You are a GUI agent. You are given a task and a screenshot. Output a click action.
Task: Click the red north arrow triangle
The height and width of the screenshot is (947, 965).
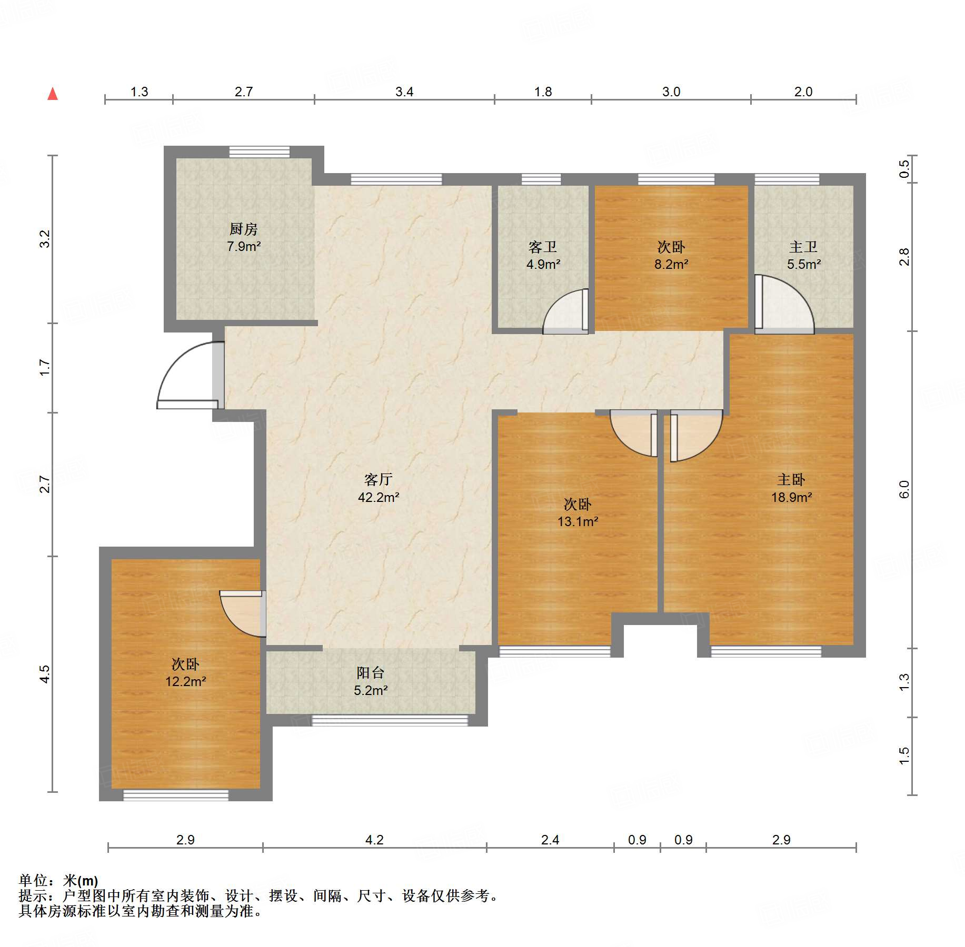(x=53, y=94)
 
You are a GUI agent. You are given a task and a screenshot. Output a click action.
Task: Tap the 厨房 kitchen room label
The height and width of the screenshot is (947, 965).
(x=244, y=229)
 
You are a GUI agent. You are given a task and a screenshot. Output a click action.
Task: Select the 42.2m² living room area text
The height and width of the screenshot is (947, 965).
(x=379, y=497)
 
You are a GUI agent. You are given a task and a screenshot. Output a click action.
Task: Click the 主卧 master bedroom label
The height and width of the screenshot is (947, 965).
(x=791, y=479)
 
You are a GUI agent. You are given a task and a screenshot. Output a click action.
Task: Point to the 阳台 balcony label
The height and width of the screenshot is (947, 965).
(x=371, y=672)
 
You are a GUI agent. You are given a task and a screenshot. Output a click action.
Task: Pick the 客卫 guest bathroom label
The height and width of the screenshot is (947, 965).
(x=543, y=247)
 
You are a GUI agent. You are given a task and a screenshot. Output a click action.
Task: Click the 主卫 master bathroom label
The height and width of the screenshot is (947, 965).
(x=803, y=247)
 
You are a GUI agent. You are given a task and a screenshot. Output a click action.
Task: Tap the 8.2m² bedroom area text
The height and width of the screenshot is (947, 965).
(x=671, y=264)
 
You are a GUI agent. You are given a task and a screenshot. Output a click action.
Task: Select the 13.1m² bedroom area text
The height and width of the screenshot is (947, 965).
(x=578, y=521)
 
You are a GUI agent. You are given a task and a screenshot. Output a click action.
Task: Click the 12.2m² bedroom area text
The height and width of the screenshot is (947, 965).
(x=186, y=681)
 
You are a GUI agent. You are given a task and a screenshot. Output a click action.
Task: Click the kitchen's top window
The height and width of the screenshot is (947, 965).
(x=259, y=152)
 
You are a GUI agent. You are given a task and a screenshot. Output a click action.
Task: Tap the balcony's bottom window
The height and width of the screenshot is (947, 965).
(x=390, y=720)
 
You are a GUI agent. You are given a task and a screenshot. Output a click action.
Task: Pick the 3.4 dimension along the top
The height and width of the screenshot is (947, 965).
(x=404, y=92)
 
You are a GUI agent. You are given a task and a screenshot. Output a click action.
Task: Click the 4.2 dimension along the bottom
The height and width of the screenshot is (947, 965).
(x=374, y=840)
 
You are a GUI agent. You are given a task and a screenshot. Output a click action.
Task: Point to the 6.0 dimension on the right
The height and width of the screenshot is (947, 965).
(x=904, y=489)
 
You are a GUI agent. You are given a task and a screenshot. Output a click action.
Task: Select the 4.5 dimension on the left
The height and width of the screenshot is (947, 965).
(x=45, y=674)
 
